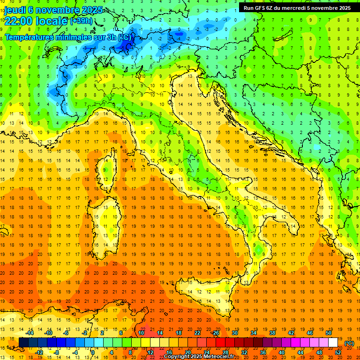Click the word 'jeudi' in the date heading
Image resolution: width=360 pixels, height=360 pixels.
coord(15,10)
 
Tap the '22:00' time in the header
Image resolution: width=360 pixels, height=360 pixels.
coord(20,21)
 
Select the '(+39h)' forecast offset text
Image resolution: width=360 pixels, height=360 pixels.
coord(81,21)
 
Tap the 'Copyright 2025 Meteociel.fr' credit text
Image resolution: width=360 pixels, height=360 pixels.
coord(199,356)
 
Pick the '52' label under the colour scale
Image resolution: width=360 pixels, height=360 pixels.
coord(337,352)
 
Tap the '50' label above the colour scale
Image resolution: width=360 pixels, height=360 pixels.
coord(329,333)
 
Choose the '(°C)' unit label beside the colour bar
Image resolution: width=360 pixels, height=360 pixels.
coord(349,343)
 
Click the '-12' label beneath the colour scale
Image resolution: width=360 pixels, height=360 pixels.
coord(39,352)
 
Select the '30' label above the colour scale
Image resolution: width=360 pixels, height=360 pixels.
coord(234,333)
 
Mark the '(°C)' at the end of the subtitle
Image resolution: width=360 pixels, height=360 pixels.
coord(125,37)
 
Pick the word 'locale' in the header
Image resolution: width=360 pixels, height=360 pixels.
coord(53,21)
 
